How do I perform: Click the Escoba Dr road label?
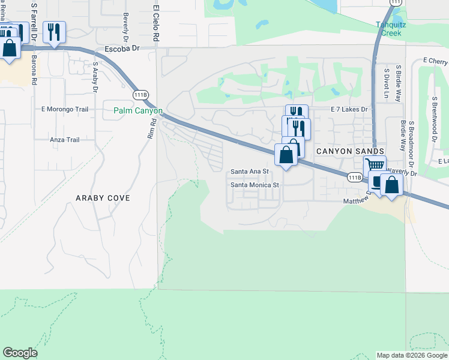(x=121, y=48)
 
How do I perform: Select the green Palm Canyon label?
(x=138, y=111)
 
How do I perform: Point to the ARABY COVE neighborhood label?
(x=103, y=197)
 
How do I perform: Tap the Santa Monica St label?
(x=256, y=185)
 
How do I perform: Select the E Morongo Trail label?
(x=64, y=109)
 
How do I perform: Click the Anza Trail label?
(x=65, y=140)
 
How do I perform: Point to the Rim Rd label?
(x=152, y=129)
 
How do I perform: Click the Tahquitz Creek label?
(x=388, y=29)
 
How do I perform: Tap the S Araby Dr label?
(x=95, y=77)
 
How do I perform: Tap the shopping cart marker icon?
(x=375, y=165)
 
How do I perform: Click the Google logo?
(x=20, y=353)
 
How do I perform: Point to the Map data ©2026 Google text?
(x=411, y=355)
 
